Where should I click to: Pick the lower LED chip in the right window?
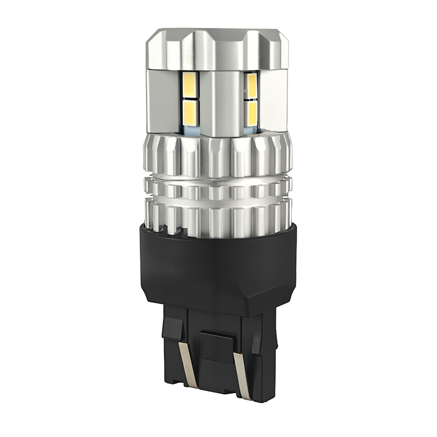(x=252, y=113)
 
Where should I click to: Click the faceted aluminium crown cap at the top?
(x=218, y=46)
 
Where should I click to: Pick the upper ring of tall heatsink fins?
(x=218, y=156)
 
